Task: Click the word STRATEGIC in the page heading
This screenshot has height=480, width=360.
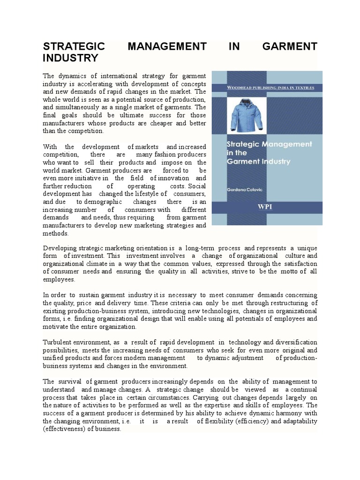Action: pyautogui.click(x=74, y=46)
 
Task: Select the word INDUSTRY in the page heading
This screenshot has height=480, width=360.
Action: pyautogui.click(x=71, y=58)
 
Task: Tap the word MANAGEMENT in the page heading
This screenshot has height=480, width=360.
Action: pyautogui.click(x=167, y=46)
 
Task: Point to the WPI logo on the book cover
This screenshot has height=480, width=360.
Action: pyautogui.click(x=265, y=207)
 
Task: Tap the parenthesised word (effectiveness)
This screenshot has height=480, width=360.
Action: pyautogui.click(x=66, y=428)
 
